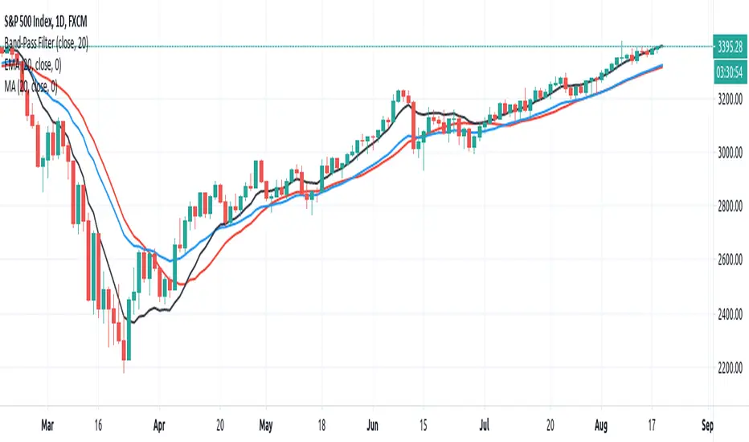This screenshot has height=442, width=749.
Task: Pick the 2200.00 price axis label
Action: [730, 368]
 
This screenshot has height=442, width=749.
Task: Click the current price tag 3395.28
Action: [730, 46]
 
